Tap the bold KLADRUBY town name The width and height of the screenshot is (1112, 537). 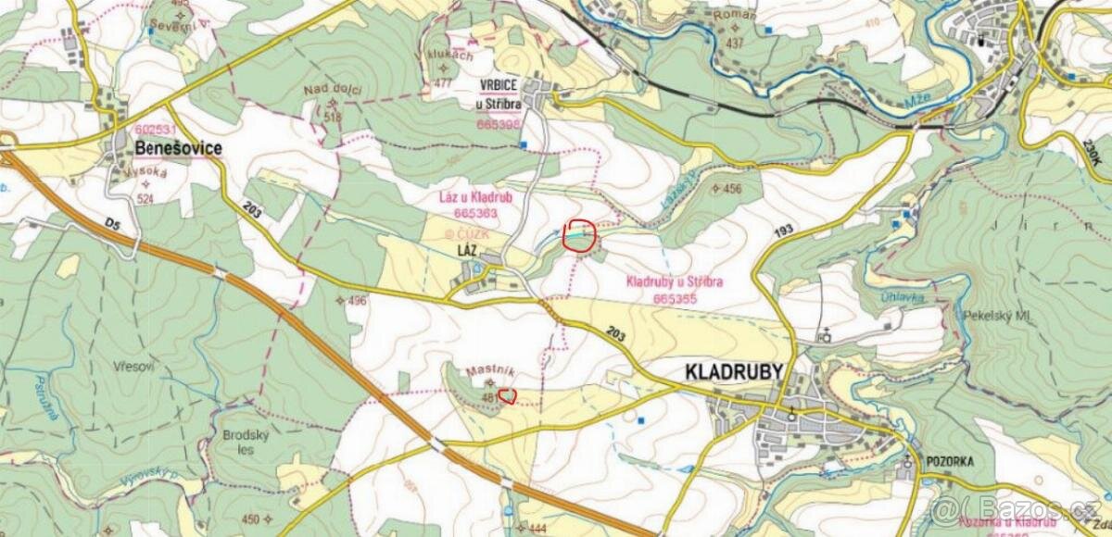[x=734, y=372]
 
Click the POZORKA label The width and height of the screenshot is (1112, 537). [x=948, y=464]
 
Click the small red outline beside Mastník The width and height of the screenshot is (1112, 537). [x=507, y=397]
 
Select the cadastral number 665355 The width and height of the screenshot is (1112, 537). [x=675, y=299]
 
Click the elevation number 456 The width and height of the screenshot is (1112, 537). [x=732, y=189]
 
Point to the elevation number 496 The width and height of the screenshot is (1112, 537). [x=358, y=301]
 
